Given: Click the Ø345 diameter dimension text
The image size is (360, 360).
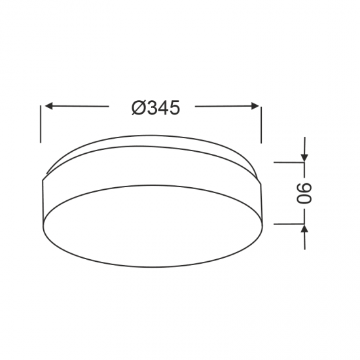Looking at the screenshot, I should [x=155, y=108].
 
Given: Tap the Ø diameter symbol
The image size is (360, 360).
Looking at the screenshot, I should [x=137, y=108].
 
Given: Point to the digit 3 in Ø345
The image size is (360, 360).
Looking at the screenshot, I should [x=150, y=108].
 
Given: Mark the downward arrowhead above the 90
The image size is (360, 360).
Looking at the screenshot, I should [x=305, y=158].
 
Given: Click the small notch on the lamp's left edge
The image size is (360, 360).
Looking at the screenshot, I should [x=44, y=177].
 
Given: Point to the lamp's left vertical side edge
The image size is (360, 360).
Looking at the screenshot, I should [x=43, y=203].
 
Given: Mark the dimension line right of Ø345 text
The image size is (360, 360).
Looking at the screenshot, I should [x=223, y=106].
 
